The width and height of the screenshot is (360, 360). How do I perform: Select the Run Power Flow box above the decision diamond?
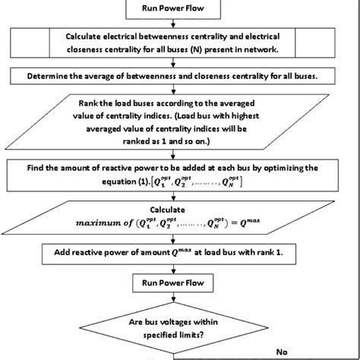point(179,283)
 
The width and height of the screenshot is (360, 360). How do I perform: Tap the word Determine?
point(52,76)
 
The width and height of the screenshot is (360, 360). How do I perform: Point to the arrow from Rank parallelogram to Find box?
point(180,153)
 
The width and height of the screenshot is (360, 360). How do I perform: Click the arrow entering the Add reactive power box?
point(180,241)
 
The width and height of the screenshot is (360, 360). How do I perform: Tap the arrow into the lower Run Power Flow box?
point(180,269)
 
